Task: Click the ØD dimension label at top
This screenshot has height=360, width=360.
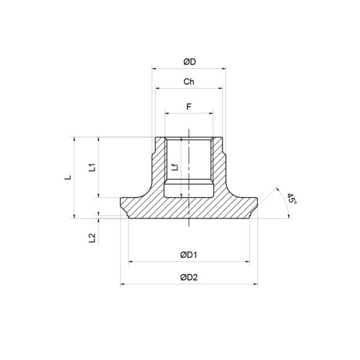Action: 189,61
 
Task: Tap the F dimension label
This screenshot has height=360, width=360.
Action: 189,106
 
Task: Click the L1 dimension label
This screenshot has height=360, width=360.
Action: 92,167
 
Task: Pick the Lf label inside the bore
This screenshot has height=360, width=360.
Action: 175,168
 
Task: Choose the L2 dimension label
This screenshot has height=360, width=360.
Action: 92,238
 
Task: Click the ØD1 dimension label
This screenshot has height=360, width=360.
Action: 189,255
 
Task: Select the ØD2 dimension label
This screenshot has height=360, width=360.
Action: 189,277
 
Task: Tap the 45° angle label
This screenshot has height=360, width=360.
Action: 292,199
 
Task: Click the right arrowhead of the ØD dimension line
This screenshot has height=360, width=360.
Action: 223,68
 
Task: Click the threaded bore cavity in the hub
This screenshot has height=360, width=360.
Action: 189,168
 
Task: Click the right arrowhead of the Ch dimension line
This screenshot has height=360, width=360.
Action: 221,88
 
